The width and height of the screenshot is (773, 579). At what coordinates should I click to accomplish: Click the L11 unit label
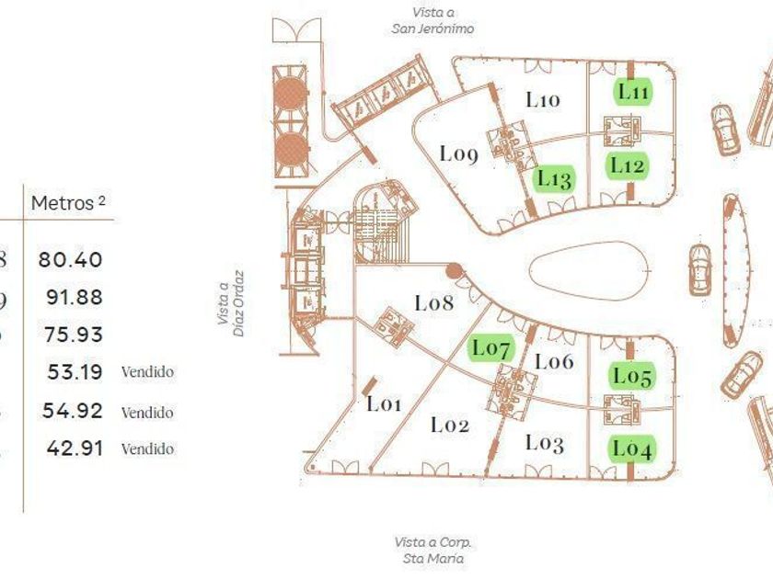pos(634,92)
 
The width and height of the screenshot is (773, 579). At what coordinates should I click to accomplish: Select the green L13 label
pos(555,178)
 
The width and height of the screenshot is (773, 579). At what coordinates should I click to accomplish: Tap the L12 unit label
pos(628,166)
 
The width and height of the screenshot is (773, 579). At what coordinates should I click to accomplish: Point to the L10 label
pos(543,99)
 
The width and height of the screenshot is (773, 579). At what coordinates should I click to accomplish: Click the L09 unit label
pos(458,153)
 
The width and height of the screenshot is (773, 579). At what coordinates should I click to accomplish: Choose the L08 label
pos(433,301)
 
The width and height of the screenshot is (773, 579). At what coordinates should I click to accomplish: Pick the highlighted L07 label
pos(491,348)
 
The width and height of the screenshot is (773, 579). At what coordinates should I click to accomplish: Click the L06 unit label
pos(554,361)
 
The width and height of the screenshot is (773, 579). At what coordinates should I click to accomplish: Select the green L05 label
pos(632,376)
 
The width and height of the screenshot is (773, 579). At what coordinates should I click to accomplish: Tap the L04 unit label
pos(632,448)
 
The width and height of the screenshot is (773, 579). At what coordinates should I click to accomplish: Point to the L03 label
pos(544,443)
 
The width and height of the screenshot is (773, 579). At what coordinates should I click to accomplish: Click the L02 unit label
pos(450,425)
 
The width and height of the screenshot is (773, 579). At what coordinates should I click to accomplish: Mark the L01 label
pos(384,403)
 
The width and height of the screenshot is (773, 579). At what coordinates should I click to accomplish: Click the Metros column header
pos(68,203)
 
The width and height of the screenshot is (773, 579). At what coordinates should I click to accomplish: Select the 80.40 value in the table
pos(70,260)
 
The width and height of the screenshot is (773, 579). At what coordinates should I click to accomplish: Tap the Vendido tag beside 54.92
pos(147,413)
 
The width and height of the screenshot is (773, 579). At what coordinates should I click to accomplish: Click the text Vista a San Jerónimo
pos(433,21)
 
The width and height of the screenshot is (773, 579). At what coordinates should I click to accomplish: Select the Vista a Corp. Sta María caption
pos(433,550)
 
